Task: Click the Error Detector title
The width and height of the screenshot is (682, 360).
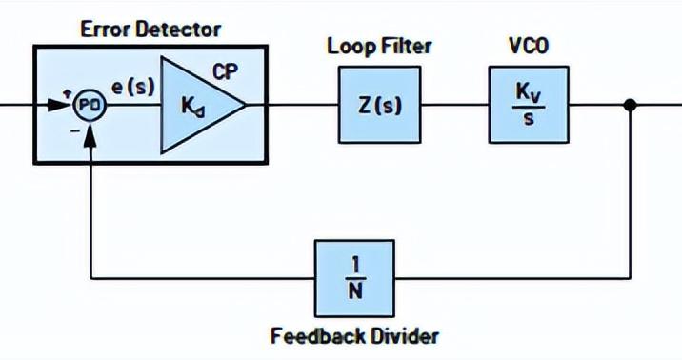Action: [150, 29]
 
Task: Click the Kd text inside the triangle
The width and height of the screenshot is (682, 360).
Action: [192, 106]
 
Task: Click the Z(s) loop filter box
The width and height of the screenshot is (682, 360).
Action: [379, 105]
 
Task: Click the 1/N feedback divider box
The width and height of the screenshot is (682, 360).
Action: [354, 278]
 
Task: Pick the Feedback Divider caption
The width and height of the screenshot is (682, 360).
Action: [354, 335]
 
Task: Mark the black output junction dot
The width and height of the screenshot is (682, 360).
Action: [629, 105]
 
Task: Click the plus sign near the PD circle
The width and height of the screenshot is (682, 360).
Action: [66, 88]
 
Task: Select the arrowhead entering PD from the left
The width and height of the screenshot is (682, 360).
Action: [66, 105]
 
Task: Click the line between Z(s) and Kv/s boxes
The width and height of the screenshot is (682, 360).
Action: [453, 105]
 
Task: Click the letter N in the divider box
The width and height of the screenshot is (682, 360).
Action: [354, 293]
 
